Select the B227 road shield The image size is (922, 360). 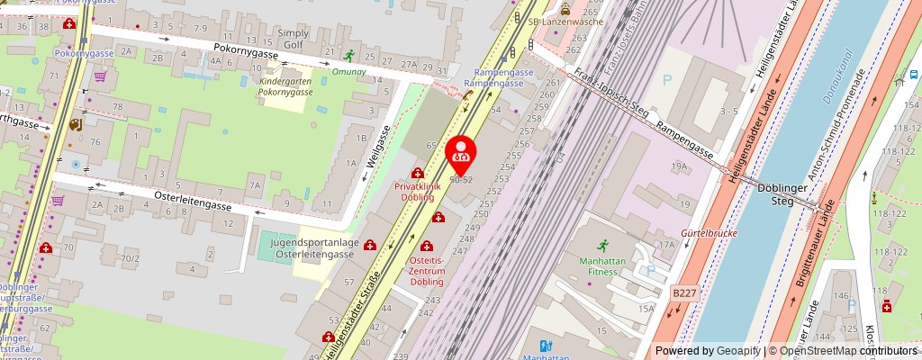point(684,292)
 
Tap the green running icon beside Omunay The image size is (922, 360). point(348,54)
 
